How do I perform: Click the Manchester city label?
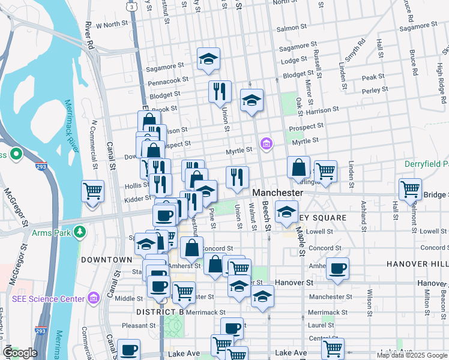point(277,193)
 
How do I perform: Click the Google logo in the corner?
point(20,353)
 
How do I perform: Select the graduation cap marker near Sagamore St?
point(208,59)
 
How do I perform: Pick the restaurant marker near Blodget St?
point(220,91)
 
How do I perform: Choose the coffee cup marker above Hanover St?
point(338,268)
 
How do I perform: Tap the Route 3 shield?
point(131,5)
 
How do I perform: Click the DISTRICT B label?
point(160,312)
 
